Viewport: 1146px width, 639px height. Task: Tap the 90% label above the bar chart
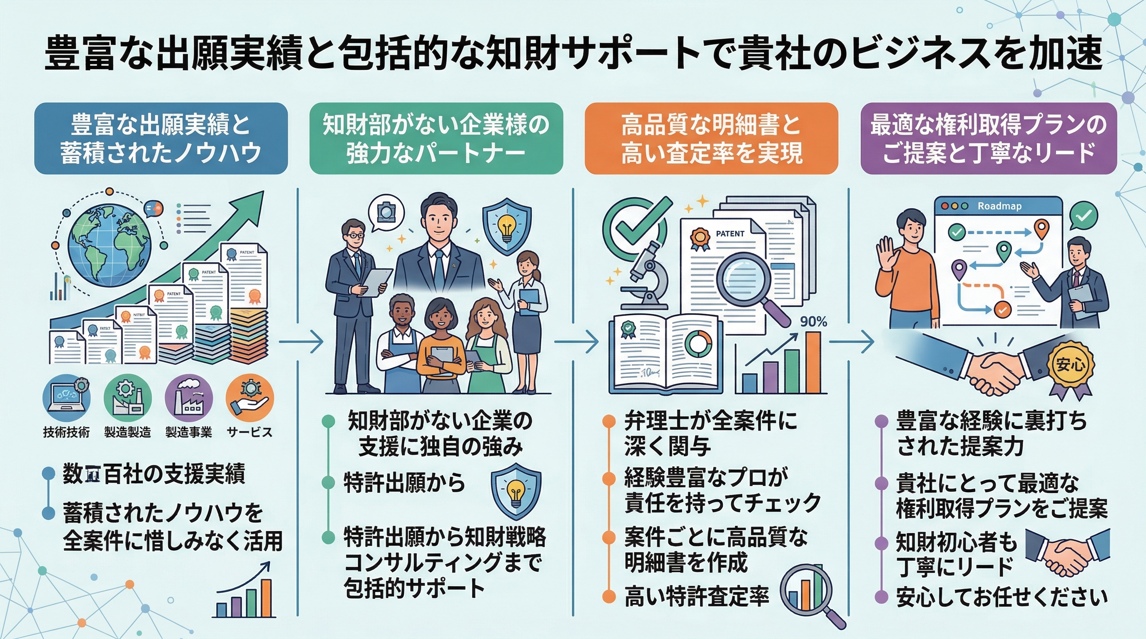pyautogui.click(x=813, y=322)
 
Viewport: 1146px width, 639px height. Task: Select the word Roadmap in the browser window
pyautogui.click(x=999, y=206)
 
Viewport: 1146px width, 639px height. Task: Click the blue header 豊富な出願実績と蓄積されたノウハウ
pyautogui.click(x=161, y=139)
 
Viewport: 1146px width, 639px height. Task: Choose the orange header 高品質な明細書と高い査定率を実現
pyautogui.click(x=711, y=139)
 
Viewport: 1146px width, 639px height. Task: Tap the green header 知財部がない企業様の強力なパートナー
pyautogui.click(x=436, y=139)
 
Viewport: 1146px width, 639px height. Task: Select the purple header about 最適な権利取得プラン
pyautogui.click(x=989, y=139)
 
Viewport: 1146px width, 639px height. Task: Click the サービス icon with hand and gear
pyautogui.click(x=249, y=398)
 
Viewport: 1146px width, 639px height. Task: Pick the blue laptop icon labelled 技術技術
pyautogui.click(x=66, y=398)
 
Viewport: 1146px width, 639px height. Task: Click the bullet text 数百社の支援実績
pyautogui.click(x=154, y=474)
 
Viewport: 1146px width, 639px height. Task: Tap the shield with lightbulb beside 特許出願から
pyautogui.click(x=516, y=490)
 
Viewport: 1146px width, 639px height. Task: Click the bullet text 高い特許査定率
pyautogui.click(x=697, y=596)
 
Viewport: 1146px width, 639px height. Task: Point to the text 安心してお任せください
pyautogui.click(x=1001, y=597)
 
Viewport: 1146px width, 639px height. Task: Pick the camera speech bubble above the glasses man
pyautogui.click(x=386, y=213)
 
